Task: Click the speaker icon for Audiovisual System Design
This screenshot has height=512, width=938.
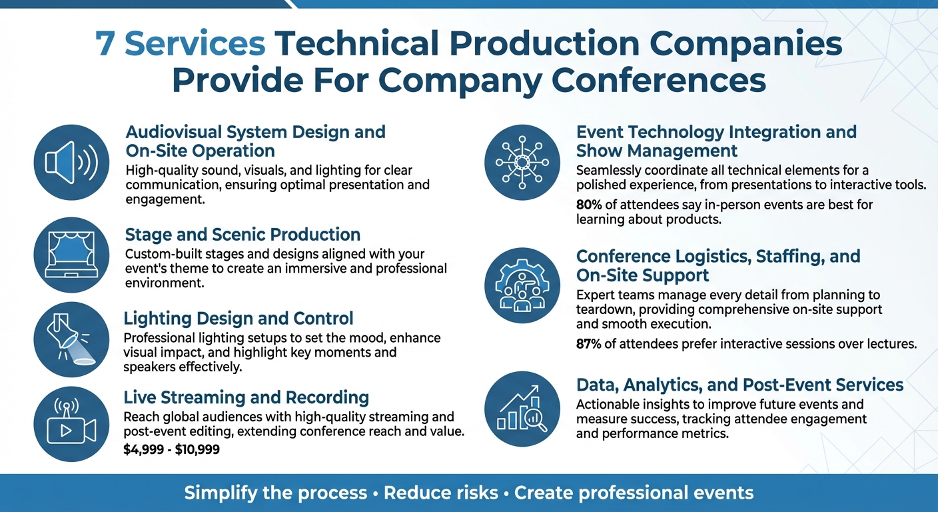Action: pos(71,162)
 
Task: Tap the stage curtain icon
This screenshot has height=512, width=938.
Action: pos(71,255)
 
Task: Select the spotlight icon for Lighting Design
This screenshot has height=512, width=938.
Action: pos(71,339)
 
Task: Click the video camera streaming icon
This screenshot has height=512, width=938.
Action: pos(71,424)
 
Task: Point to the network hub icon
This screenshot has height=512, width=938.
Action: pos(522,162)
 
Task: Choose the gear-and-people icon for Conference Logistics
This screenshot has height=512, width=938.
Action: pos(522,285)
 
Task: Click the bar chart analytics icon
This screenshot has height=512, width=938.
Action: pos(522,409)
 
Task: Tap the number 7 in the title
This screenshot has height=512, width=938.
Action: pos(105,45)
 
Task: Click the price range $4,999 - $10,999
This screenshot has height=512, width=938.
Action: pos(172,450)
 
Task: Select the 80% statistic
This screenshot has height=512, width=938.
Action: pos(590,205)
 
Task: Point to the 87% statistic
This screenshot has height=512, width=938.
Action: pos(590,344)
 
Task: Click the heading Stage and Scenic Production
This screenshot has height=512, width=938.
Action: pos(242,235)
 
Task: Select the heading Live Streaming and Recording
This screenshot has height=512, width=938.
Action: pos(246,398)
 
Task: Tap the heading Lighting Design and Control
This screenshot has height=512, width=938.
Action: pos(238,318)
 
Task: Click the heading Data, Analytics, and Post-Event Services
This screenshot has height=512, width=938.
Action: pos(739,385)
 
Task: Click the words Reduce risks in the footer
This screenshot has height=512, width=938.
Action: pos(441,493)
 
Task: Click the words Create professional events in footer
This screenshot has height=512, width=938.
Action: pos(634,493)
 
